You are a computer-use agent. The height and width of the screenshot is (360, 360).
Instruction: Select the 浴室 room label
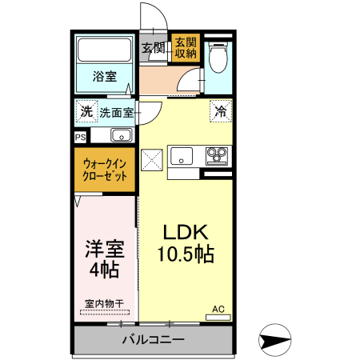(104, 77)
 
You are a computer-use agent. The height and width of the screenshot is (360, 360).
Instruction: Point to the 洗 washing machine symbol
(86, 110)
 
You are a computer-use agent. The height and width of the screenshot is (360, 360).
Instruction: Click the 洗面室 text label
(117, 113)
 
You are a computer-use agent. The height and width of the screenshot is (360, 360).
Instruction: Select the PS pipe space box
(80, 138)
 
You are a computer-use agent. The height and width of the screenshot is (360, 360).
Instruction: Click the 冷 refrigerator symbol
(219, 112)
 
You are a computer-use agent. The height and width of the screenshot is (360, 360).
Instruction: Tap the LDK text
(186, 233)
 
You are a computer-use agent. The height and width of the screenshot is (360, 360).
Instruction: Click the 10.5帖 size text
(186, 255)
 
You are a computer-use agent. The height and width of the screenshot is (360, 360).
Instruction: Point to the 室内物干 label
(104, 304)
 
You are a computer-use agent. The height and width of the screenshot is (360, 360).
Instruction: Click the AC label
(218, 309)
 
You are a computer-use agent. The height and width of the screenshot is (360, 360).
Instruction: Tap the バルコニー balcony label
(153, 339)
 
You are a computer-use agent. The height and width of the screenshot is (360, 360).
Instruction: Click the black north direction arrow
(274, 342)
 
